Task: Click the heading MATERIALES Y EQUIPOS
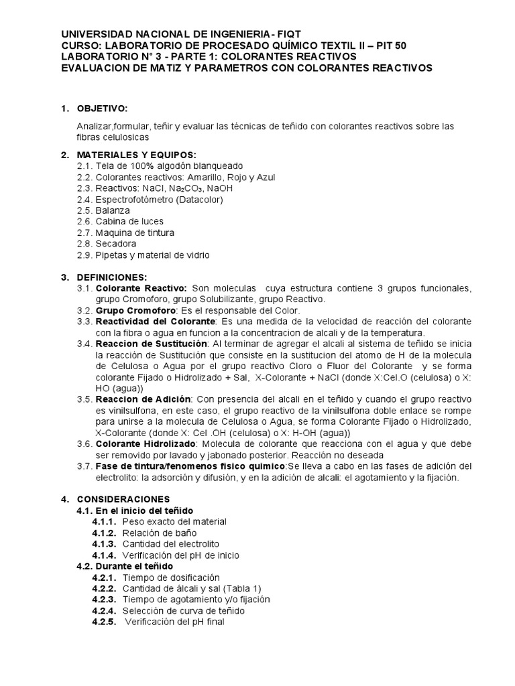coord(136,155)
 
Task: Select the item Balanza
coord(115,210)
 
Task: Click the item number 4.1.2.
coord(105,533)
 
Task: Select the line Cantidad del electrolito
coord(170,544)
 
